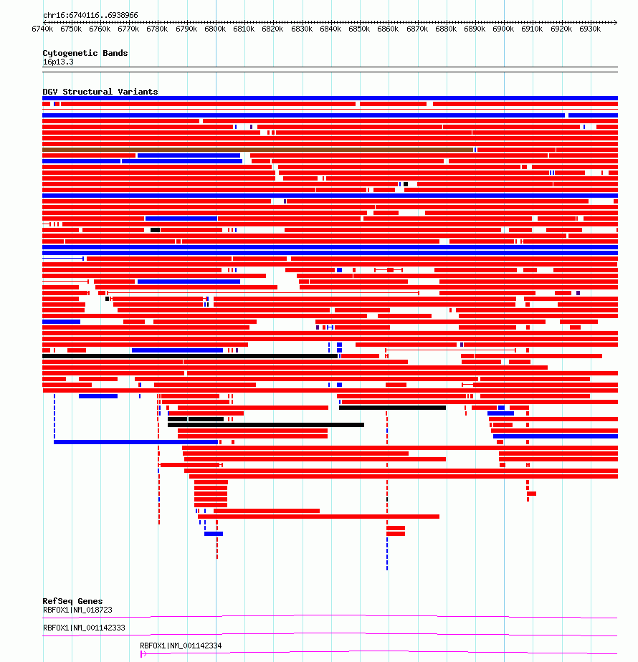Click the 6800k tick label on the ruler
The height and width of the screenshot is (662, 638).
pyautogui.click(x=215, y=29)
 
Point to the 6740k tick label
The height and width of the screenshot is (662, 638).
pyautogui.click(x=43, y=29)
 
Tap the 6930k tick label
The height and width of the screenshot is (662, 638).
pyautogui.click(x=590, y=29)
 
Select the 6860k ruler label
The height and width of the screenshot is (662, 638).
pyautogui.click(x=388, y=29)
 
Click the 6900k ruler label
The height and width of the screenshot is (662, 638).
pyautogui.click(x=503, y=29)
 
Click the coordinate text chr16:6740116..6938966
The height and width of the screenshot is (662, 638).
pyautogui.click(x=90, y=15)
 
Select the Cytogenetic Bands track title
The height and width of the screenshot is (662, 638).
pyautogui.click(x=85, y=53)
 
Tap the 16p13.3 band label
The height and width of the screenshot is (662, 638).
pyautogui.click(x=58, y=62)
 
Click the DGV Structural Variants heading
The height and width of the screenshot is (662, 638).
pyautogui.click(x=100, y=92)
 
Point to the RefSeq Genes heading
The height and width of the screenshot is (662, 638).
pyautogui.click(x=72, y=601)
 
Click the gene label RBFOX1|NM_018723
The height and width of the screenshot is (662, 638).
pyautogui.click(x=77, y=610)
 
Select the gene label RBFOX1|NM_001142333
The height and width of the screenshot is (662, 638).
pyautogui.click(x=84, y=628)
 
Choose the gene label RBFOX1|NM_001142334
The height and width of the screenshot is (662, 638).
pyautogui.click(x=181, y=646)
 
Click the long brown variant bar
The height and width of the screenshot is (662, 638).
pyautogui.click(x=258, y=150)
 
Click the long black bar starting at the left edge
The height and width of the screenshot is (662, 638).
pyautogui.click(x=190, y=356)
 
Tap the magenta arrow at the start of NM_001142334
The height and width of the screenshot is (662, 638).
pyautogui.click(x=143, y=654)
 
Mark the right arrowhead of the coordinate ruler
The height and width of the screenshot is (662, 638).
pyautogui.click(x=616, y=22)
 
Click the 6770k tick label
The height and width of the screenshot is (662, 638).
pyautogui.click(x=128, y=29)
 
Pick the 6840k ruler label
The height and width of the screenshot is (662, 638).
pyautogui.click(x=330, y=29)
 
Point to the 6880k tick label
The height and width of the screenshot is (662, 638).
pyautogui.click(x=446, y=29)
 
